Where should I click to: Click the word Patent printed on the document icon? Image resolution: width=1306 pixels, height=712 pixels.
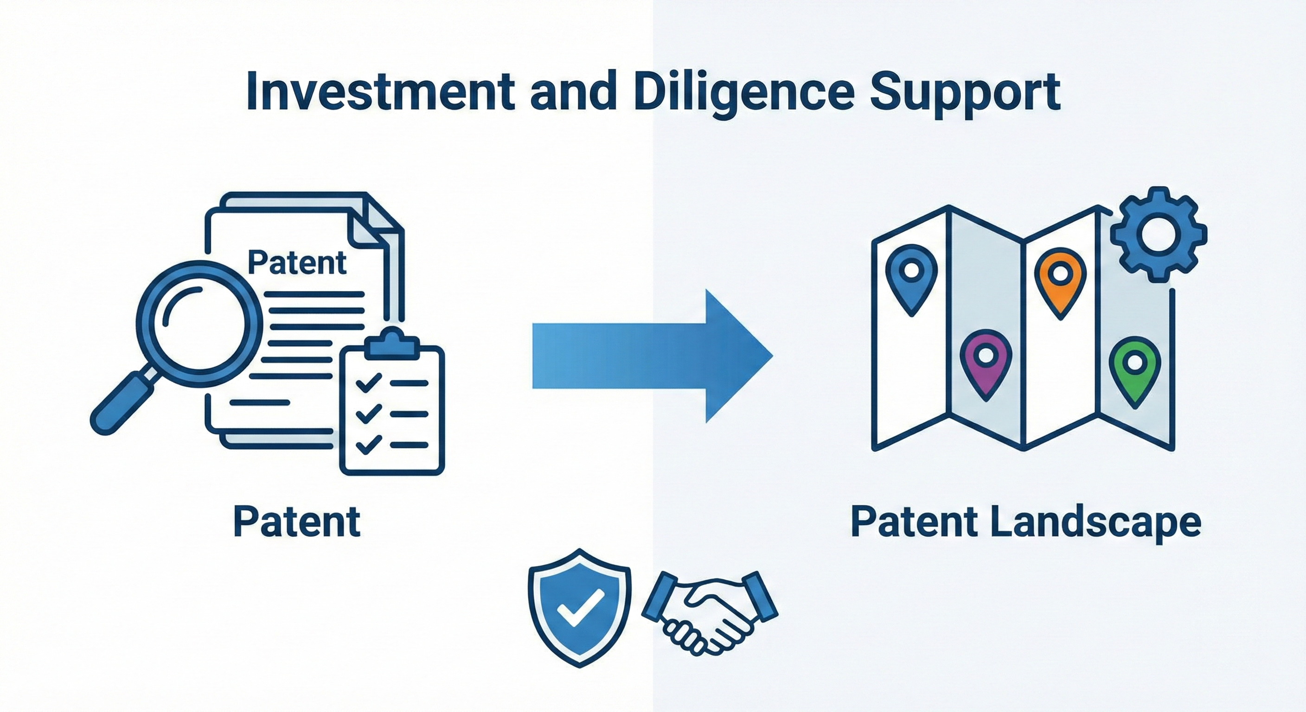[297, 262]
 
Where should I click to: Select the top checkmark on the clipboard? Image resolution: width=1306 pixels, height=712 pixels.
[369, 382]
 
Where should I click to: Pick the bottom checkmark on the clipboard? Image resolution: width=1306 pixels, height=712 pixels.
[369, 444]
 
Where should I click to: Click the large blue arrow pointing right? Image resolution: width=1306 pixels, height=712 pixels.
[649, 356]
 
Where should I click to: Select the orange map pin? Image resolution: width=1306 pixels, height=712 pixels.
[1060, 281]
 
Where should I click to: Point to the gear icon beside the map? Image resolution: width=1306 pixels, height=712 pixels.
[1159, 235]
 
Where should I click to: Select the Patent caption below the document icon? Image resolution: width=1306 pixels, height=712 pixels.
[297, 522]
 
